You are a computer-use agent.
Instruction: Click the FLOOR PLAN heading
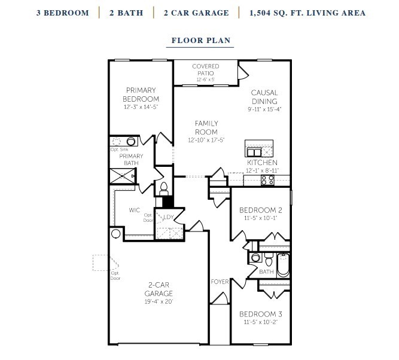[201, 40]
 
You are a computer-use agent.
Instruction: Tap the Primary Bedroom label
[141, 94]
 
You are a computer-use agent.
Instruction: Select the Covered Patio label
[206, 69]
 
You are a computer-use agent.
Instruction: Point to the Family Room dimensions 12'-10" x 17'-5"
[206, 140]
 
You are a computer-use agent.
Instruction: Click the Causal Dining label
[264, 97]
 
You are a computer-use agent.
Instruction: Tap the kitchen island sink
[254, 152]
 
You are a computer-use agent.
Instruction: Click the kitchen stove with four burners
[268, 180]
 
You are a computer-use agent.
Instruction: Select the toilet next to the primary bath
[164, 188]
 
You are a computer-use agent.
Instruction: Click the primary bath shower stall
[123, 176]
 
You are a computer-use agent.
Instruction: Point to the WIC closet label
[135, 210]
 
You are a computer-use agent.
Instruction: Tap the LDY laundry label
[169, 217]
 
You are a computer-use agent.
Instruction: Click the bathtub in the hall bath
[283, 265]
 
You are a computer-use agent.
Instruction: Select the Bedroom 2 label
[261, 210]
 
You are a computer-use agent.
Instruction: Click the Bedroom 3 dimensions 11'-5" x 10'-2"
[261, 322]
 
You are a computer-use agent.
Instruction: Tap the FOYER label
[220, 282]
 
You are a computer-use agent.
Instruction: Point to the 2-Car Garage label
[159, 289]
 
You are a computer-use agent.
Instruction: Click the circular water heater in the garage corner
[116, 233]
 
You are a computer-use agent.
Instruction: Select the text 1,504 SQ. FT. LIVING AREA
[307, 13]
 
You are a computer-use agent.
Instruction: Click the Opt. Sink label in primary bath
[120, 150]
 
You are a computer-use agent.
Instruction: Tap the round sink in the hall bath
[255, 258]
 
